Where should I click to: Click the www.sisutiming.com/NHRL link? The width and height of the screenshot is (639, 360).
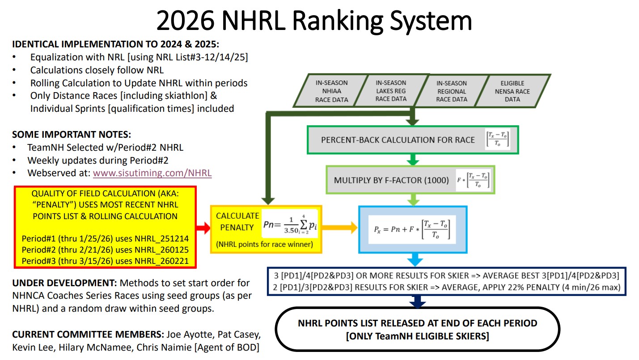(x=152, y=173)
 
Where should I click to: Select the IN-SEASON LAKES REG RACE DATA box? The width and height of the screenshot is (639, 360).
(x=391, y=91)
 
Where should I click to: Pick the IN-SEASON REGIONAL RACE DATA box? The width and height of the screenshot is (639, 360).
(x=452, y=91)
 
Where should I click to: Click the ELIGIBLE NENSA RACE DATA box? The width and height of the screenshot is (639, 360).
(x=512, y=91)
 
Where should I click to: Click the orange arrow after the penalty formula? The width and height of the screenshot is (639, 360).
(x=340, y=228)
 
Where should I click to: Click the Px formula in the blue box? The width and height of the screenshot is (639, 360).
(x=412, y=231)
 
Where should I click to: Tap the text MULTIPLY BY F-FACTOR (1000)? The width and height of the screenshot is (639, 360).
(x=391, y=180)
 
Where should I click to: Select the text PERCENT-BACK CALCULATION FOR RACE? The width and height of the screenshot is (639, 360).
(x=398, y=140)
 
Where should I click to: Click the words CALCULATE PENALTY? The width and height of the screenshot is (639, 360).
(x=237, y=221)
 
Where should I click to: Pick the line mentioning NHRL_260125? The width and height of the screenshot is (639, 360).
(x=106, y=250)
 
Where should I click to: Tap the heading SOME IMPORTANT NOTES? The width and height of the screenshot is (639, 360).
(x=72, y=134)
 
